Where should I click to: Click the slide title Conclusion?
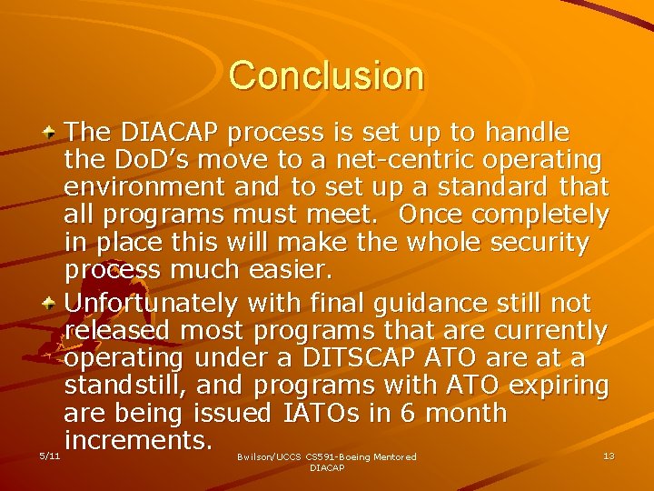[x=326, y=75]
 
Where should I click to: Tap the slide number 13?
[x=609, y=456]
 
